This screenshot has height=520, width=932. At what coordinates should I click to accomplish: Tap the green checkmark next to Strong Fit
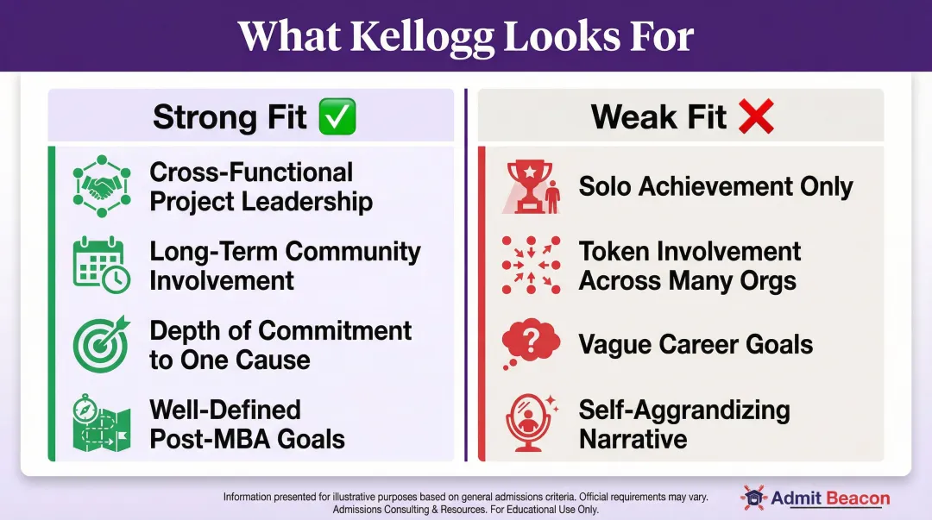[x=337, y=116]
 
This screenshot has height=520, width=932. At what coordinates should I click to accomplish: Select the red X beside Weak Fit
[x=755, y=116]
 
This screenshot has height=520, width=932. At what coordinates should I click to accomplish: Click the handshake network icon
[x=101, y=186]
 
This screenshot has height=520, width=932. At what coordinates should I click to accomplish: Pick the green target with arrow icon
[x=101, y=344]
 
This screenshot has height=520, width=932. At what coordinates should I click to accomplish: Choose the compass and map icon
[x=101, y=423]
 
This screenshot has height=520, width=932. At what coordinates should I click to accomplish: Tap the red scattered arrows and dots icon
[x=531, y=266]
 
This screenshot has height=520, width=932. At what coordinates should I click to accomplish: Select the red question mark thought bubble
[x=531, y=345]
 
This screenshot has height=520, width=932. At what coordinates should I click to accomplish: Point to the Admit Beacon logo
[x=815, y=498]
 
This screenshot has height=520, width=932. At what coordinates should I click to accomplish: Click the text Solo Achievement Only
[x=715, y=186]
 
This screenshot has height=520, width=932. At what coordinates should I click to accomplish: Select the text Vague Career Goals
[x=696, y=345]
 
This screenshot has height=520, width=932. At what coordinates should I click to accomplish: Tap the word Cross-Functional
[x=251, y=172]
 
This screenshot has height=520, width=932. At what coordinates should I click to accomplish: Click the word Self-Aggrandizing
[x=684, y=410]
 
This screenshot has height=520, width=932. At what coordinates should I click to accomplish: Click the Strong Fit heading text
[x=230, y=116]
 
